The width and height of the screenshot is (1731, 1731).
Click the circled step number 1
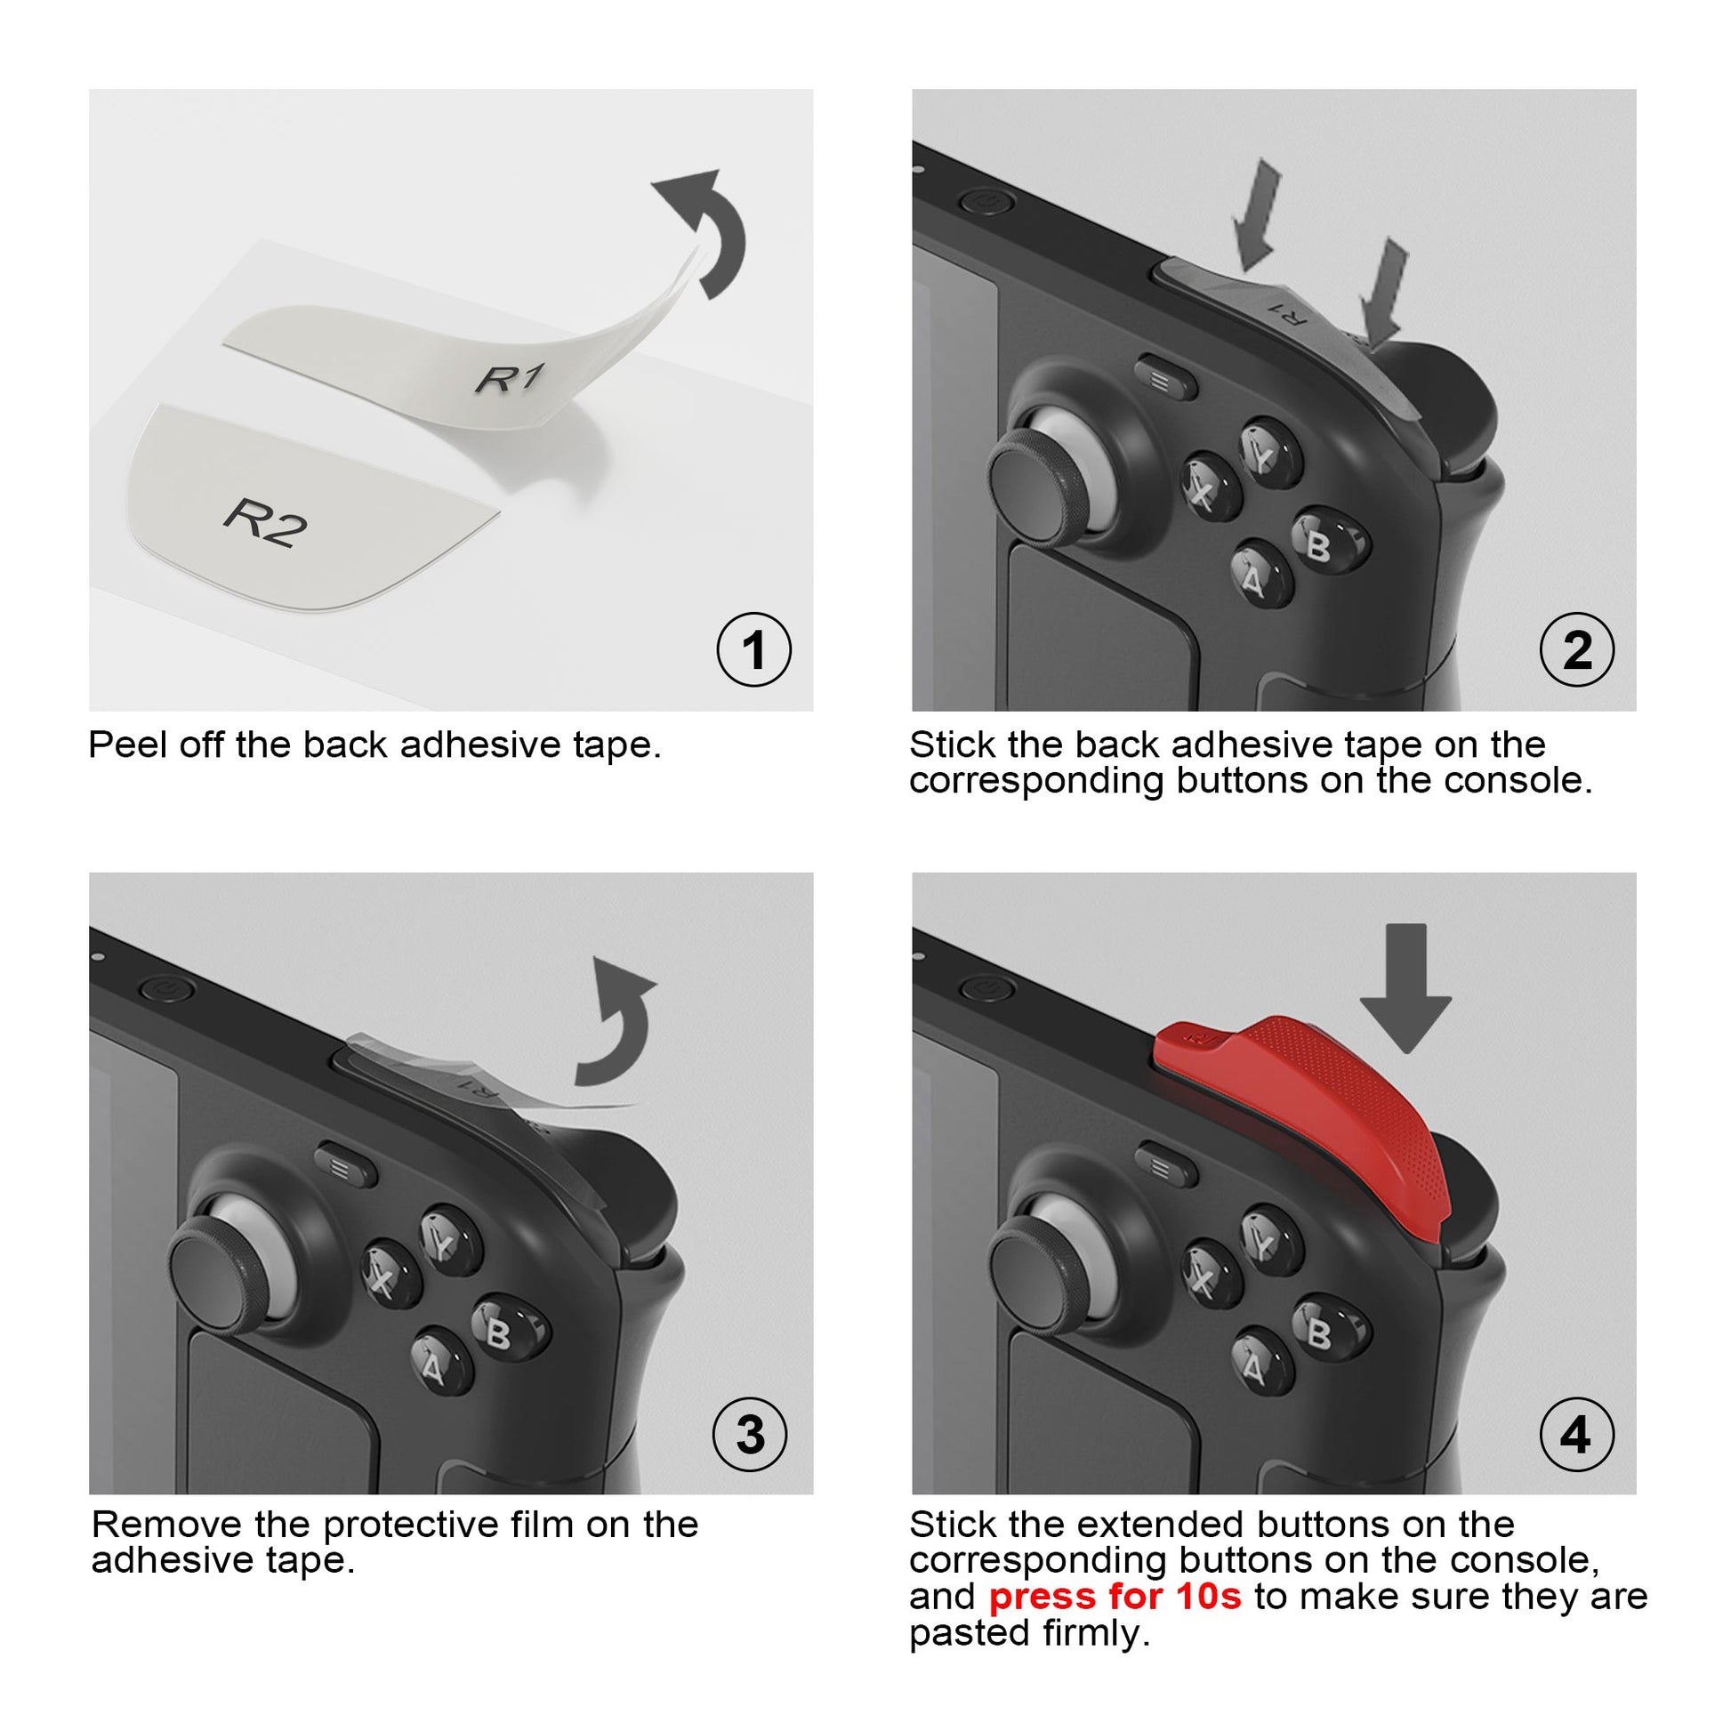point(753,649)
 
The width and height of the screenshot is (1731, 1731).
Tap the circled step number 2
point(1577,649)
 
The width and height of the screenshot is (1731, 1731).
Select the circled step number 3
point(750,1435)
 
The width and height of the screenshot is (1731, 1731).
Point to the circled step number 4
point(1577,1435)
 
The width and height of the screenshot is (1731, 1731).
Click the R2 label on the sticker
point(265,523)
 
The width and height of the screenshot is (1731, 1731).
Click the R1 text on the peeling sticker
point(509,378)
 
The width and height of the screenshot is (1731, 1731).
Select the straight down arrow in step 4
point(1405,986)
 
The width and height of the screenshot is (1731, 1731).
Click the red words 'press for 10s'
point(1115,1596)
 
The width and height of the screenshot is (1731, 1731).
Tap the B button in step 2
point(1320,543)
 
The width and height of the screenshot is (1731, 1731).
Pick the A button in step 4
point(1254,1367)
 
